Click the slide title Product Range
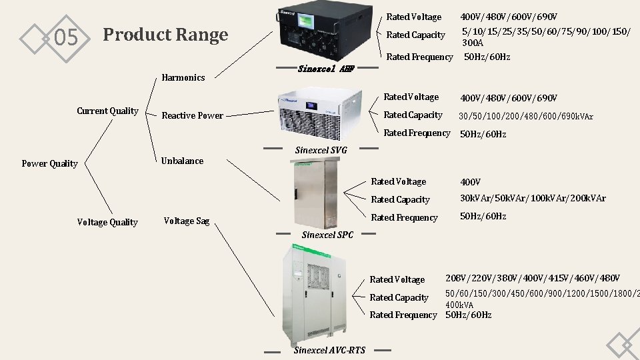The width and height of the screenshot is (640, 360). (165, 35)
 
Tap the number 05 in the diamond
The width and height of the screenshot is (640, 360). (65, 38)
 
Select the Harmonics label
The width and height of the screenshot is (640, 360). (183, 77)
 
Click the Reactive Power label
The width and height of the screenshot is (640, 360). (193, 115)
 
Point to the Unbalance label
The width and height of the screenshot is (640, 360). (182, 161)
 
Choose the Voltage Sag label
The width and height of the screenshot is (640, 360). (187, 221)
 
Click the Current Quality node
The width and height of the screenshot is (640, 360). (107, 111)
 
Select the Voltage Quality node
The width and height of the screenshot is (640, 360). (107, 222)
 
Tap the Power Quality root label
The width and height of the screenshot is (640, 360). (49, 163)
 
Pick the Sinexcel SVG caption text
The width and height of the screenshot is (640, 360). (321, 149)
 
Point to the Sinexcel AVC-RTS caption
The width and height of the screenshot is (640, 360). (329, 350)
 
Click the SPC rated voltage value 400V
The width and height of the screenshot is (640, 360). (470, 182)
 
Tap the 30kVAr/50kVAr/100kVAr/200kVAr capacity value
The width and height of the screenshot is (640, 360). (533, 198)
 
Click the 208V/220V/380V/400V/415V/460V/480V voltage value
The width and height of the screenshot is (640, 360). (533, 277)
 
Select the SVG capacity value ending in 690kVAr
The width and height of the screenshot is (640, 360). (525, 116)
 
